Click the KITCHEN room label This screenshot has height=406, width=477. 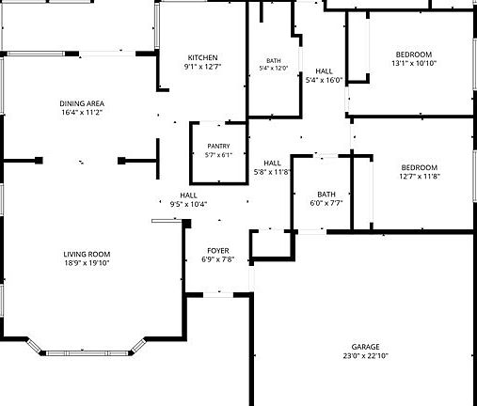click(x=202, y=57)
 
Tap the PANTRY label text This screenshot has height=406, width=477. click(x=218, y=147)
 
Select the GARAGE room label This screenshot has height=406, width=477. click(x=365, y=347)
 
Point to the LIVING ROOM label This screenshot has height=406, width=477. click(x=87, y=254)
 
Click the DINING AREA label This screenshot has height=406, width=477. click(x=82, y=103)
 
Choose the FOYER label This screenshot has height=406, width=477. click(x=218, y=251)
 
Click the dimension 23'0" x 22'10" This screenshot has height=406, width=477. click(x=365, y=356)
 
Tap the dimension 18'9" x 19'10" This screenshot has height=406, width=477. click(x=87, y=263)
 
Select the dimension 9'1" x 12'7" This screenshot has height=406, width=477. click(x=202, y=67)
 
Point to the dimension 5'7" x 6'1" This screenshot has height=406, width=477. click(x=218, y=155)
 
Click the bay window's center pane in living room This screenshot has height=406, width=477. click(x=87, y=353)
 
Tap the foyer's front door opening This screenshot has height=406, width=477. click(x=218, y=295)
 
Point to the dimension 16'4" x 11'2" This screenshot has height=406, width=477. click(x=82, y=112)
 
